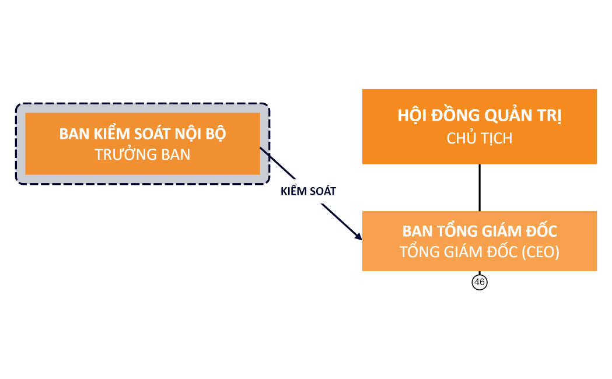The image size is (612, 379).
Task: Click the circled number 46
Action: [x=480, y=282]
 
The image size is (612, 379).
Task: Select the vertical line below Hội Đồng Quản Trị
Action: [x=480, y=187]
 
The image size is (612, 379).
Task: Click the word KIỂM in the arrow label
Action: [x=293, y=191]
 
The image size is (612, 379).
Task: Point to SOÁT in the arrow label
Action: [x=323, y=191]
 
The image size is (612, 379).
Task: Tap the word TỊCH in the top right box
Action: [x=496, y=139]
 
